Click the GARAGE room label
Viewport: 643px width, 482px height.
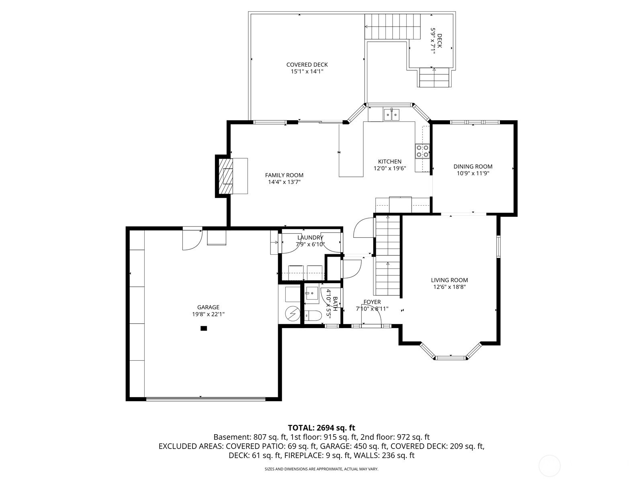pos(208,307)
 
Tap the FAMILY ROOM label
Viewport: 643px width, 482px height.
pos(284,175)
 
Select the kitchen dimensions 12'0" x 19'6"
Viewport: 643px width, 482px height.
pos(389,168)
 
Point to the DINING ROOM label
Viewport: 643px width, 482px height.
pos(473,167)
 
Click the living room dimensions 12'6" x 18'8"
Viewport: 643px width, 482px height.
pos(449,287)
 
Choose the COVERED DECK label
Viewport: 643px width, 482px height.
pos(307,65)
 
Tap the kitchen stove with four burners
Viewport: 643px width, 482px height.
pos(422,151)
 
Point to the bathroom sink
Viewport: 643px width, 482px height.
pos(311,293)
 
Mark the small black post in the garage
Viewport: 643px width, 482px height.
pos(204,328)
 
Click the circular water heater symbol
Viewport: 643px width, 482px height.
pos(293,314)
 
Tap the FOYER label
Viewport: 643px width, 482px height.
pos(372,302)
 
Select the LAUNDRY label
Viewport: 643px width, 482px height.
pos(310,238)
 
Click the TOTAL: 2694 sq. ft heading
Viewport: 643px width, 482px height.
pos(321,428)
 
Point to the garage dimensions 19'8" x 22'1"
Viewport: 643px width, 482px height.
pos(208,315)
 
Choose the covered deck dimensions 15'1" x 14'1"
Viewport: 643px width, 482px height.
pos(307,71)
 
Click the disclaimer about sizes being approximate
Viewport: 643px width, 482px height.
pos(321,469)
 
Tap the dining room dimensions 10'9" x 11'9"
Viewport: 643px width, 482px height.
pos(473,173)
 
